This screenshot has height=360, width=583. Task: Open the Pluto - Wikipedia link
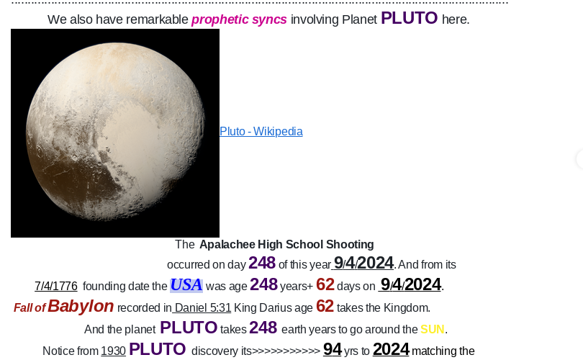coord(261,131)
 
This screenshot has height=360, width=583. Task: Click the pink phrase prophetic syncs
coord(239,19)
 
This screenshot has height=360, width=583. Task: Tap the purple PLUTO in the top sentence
coord(409,18)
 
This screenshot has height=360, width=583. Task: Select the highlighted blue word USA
coord(186,285)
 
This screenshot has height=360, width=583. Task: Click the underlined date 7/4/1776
coord(56,286)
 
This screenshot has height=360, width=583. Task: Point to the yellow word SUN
coord(433,329)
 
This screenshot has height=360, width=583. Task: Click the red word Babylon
coord(81,306)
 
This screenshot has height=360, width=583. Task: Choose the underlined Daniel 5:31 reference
coord(203,307)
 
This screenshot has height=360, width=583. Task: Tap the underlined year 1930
coord(114,351)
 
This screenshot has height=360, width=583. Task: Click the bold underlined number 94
coord(333,350)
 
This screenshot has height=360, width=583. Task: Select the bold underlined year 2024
coord(391,350)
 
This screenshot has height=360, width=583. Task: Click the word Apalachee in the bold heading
coord(227,244)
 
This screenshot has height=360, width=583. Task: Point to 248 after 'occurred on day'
coord(262,263)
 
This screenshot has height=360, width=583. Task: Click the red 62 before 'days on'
coord(325,284)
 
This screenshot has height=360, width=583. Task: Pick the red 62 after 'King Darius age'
coord(325,306)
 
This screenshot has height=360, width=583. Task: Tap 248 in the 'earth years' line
coord(263,328)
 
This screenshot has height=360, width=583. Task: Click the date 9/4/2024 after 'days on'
coord(410,285)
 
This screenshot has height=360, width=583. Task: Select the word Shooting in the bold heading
coord(350,244)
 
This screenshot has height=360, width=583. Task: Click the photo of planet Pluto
coord(115,133)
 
